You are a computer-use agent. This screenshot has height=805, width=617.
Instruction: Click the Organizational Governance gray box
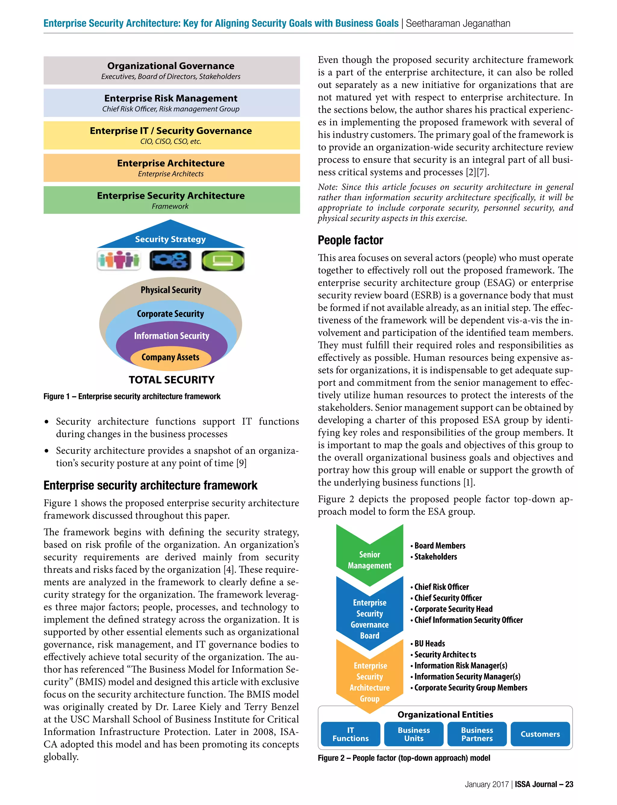coord(171,70)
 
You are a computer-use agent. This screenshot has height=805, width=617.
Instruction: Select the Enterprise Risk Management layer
coord(171,103)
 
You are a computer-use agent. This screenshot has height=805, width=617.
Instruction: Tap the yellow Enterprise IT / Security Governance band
coord(171,135)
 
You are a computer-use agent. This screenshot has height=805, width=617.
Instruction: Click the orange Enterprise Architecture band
coord(171,167)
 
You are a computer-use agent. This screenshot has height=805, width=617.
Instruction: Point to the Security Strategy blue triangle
coord(171,237)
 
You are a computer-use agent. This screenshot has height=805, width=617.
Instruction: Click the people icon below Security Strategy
coord(119,260)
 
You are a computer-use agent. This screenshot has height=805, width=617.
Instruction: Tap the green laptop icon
coord(223,260)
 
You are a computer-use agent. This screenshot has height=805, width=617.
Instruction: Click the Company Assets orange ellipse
coord(171,358)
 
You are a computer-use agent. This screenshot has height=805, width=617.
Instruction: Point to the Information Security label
coord(171,336)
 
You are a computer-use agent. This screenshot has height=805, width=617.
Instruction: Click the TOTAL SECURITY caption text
coord(171,380)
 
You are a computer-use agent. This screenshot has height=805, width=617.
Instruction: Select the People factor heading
coord(350,240)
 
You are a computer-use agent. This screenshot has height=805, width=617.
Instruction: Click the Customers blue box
coord(540,734)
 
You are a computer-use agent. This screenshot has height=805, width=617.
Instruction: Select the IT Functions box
coord(350,734)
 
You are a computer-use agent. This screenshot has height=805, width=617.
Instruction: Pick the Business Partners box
coord(477,734)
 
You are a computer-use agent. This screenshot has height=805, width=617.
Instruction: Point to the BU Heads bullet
coord(429,644)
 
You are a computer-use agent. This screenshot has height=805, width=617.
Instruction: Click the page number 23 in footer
coord(569,784)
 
